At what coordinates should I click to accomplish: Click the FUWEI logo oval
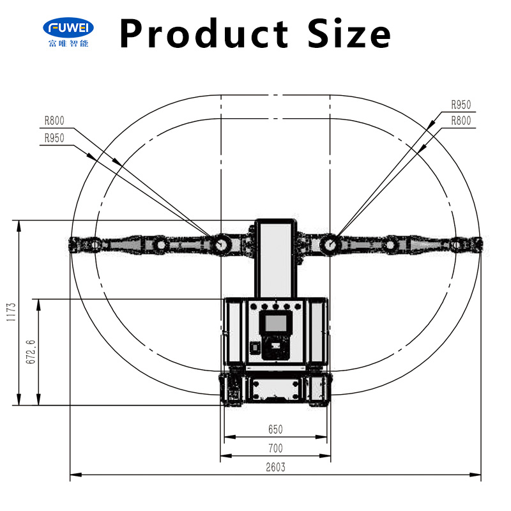coord(68,27)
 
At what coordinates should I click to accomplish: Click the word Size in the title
coord(349,33)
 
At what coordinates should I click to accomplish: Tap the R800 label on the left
coord(54,121)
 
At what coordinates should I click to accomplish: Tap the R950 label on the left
coord(54,138)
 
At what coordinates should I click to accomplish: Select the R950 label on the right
coord(461,105)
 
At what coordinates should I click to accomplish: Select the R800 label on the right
coord(461,121)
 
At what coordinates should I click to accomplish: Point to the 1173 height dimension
coord(11,312)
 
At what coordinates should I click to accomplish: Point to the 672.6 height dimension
coord(30,352)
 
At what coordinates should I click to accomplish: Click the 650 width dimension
coord(275,429)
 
